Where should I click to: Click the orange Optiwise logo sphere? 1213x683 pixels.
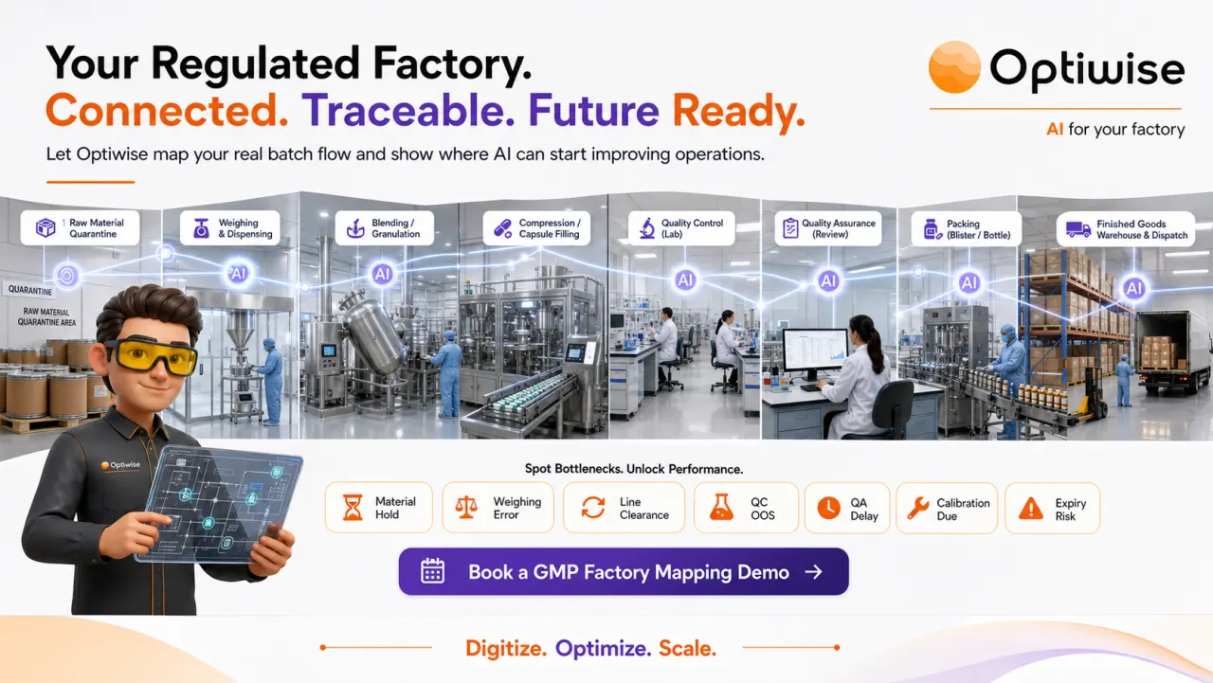[954, 67]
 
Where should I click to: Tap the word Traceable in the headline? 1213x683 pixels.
[407, 111]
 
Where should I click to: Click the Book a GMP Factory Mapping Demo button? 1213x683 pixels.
[624, 571]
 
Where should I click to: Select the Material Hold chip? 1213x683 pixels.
[378, 508]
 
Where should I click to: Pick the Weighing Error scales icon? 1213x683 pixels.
[465, 508]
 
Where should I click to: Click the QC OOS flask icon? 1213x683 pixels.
[721, 508]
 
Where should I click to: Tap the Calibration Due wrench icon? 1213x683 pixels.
[918, 508]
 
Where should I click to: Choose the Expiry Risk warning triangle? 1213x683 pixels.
[1031, 509]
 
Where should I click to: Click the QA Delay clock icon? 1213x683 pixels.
[828, 508]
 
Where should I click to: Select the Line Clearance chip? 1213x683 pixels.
[624, 508]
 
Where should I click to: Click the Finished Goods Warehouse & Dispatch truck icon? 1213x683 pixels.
[1078, 229]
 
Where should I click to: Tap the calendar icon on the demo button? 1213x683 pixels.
[433, 571]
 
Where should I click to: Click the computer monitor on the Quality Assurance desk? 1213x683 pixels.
[815, 351]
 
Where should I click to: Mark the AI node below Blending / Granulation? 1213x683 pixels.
[382, 274]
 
